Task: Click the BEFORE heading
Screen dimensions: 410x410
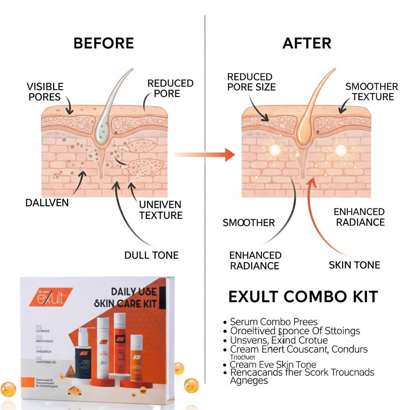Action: pos(103,43)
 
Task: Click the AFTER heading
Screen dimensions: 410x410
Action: pos(307,43)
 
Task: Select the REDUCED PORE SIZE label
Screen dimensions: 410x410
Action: pos(251,82)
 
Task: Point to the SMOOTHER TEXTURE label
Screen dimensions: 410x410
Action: pos(371,91)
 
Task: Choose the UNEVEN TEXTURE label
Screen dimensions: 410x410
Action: pos(161,210)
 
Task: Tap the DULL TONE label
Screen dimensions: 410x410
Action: pos(151,255)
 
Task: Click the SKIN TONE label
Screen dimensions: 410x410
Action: pos(354,265)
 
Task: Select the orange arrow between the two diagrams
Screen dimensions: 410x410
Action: pos(205,155)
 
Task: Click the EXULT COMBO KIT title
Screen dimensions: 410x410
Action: pos(303,297)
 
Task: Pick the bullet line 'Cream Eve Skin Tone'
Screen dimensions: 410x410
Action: pos(273,364)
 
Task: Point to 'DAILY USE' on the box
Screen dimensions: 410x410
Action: pos(133,292)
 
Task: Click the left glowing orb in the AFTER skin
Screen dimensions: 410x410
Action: pos(275,151)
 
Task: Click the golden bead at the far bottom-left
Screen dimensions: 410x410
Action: pos(8,389)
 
